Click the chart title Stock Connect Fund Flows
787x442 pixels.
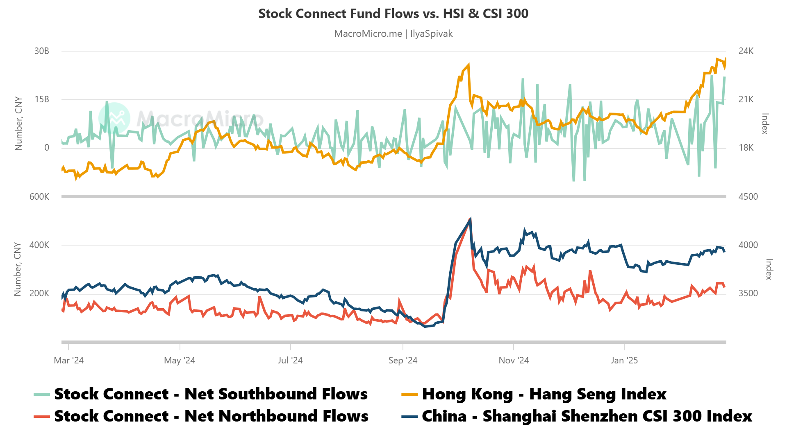393,14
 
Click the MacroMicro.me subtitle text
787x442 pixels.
393,34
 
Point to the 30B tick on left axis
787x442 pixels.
42,51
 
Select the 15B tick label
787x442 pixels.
42,99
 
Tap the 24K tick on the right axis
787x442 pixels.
746,51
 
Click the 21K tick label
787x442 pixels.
746,99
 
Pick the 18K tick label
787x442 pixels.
746,148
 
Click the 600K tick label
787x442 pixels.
39,197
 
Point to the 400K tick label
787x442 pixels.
39,245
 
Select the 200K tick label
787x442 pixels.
39,293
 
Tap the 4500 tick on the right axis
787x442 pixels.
748,197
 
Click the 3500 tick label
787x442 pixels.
748,293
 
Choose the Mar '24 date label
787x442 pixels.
69,361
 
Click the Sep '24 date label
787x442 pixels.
403,361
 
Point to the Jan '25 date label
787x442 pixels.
624,361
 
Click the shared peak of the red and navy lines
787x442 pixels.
470,219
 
